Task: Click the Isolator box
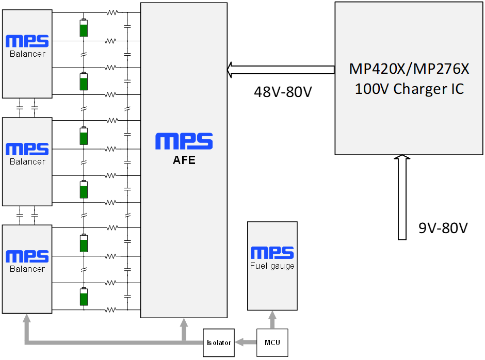[x=219, y=342]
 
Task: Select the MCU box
[x=272, y=342]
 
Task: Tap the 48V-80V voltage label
[x=283, y=92]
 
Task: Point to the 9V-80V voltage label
[x=443, y=228]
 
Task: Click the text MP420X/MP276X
[x=409, y=69]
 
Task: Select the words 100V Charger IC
[x=409, y=89]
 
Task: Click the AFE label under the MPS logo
[x=184, y=160]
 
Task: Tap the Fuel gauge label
[x=272, y=266]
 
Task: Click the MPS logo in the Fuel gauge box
[x=272, y=253]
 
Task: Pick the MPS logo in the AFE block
[x=184, y=141]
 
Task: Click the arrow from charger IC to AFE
[x=281, y=70]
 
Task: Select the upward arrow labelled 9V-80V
[x=402, y=198]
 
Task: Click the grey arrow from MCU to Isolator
[x=246, y=342]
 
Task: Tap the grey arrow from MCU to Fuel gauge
[x=272, y=320]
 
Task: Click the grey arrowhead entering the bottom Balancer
[x=27, y=319]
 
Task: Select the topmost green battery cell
[x=84, y=27]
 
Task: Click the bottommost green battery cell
[x=84, y=297]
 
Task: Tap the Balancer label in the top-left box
[x=27, y=54]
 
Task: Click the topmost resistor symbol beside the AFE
[x=112, y=13]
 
